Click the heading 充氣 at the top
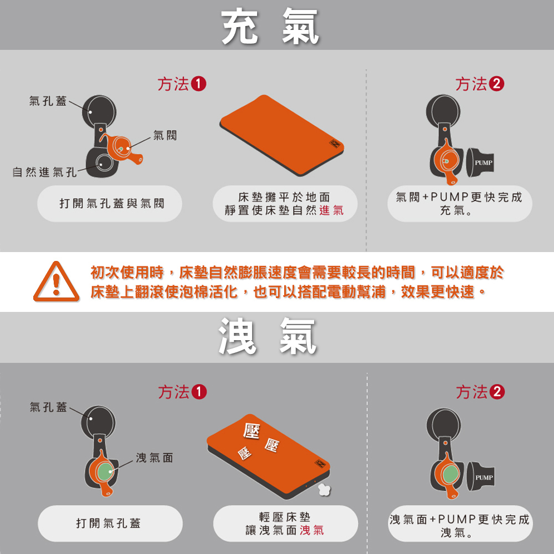tap(270, 26)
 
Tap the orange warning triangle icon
tap(56, 281)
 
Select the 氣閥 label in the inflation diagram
tap(165, 135)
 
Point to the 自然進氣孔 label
tap(44, 172)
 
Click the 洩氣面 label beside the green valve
tap(155, 458)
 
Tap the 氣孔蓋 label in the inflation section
tap(48, 101)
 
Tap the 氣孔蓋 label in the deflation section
tap(48, 407)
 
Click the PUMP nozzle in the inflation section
tap(480, 162)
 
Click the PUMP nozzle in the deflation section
tap(480, 476)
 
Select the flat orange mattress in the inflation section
tap(281, 135)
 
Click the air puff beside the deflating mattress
tap(324, 489)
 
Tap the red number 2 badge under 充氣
tap(496, 84)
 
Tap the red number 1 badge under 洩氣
tap(198, 392)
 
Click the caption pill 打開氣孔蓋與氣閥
tap(110, 203)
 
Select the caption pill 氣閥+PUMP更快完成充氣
tap(460, 203)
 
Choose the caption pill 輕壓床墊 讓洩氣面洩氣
tap(285, 524)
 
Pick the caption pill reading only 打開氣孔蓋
tap(110, 524)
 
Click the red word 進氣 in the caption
tap(331, 211)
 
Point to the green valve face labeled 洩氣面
tap(104, 472)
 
